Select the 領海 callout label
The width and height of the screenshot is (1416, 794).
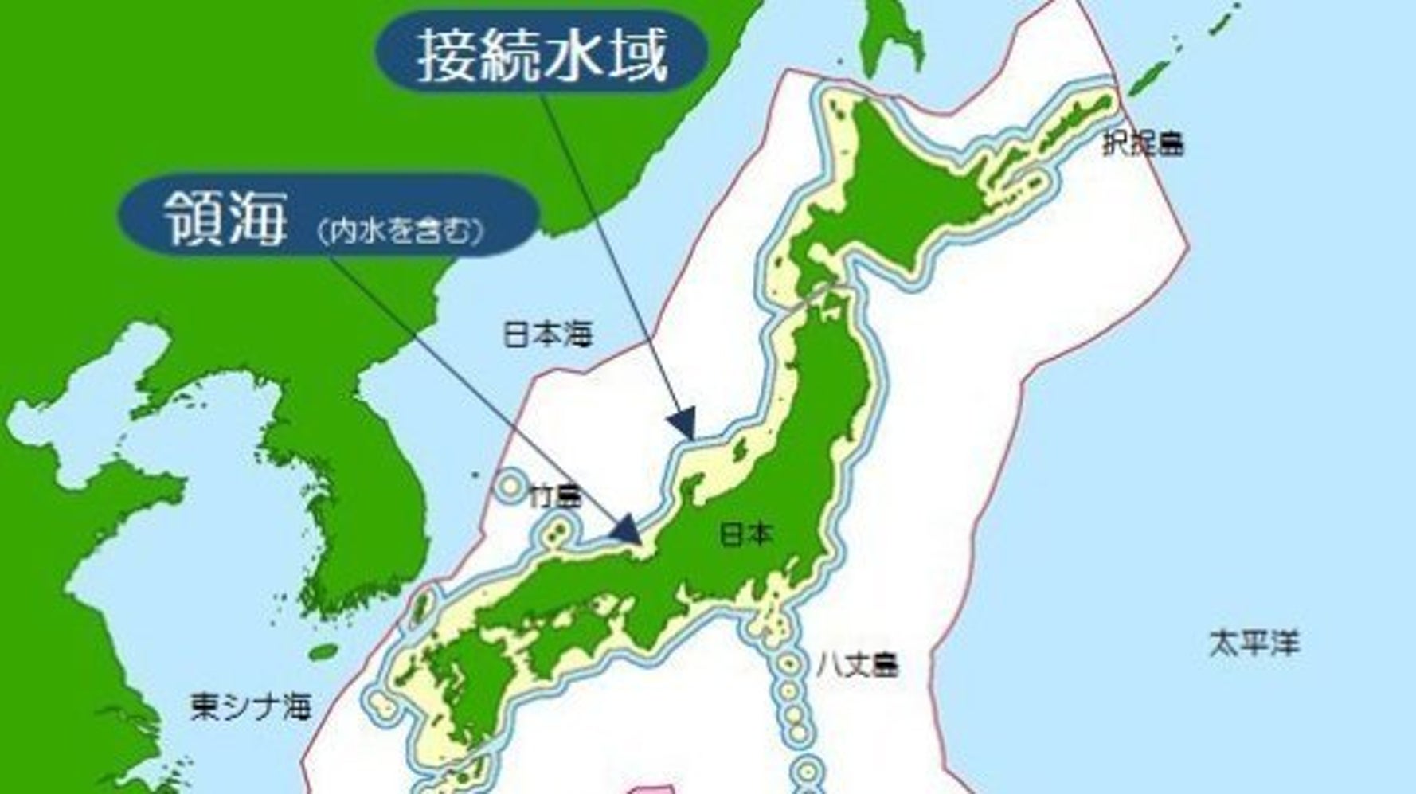(225, 217)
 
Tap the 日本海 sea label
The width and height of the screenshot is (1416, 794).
(547, 334)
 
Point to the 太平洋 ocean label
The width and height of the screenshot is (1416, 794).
(1254, 643)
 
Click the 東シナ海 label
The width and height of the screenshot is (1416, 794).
(250, 706)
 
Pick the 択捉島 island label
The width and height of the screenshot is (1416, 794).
(1143, 145)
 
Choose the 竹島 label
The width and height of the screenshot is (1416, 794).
(556, 498)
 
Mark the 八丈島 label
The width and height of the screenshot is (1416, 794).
(857, 664)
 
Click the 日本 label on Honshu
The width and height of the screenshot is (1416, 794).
(745, 534)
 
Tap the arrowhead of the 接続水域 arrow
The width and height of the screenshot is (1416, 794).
(683, 423)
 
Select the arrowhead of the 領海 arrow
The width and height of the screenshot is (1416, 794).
(627, 530)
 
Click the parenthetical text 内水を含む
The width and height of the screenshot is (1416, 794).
(400, 231)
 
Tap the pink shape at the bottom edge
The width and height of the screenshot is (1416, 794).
(649, 788)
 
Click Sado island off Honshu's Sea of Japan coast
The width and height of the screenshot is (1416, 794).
(739, 449)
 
